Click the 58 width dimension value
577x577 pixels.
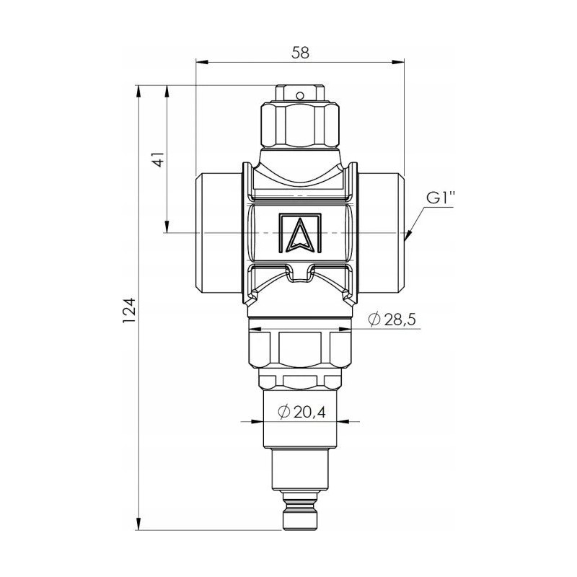300,53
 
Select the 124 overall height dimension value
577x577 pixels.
129,310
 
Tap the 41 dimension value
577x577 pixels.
159,158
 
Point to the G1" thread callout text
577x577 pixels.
441,198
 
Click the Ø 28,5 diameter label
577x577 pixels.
392,320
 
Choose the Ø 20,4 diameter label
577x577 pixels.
301,412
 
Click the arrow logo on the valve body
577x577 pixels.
300,233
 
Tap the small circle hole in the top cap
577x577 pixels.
300,96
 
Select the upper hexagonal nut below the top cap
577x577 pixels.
300,125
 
